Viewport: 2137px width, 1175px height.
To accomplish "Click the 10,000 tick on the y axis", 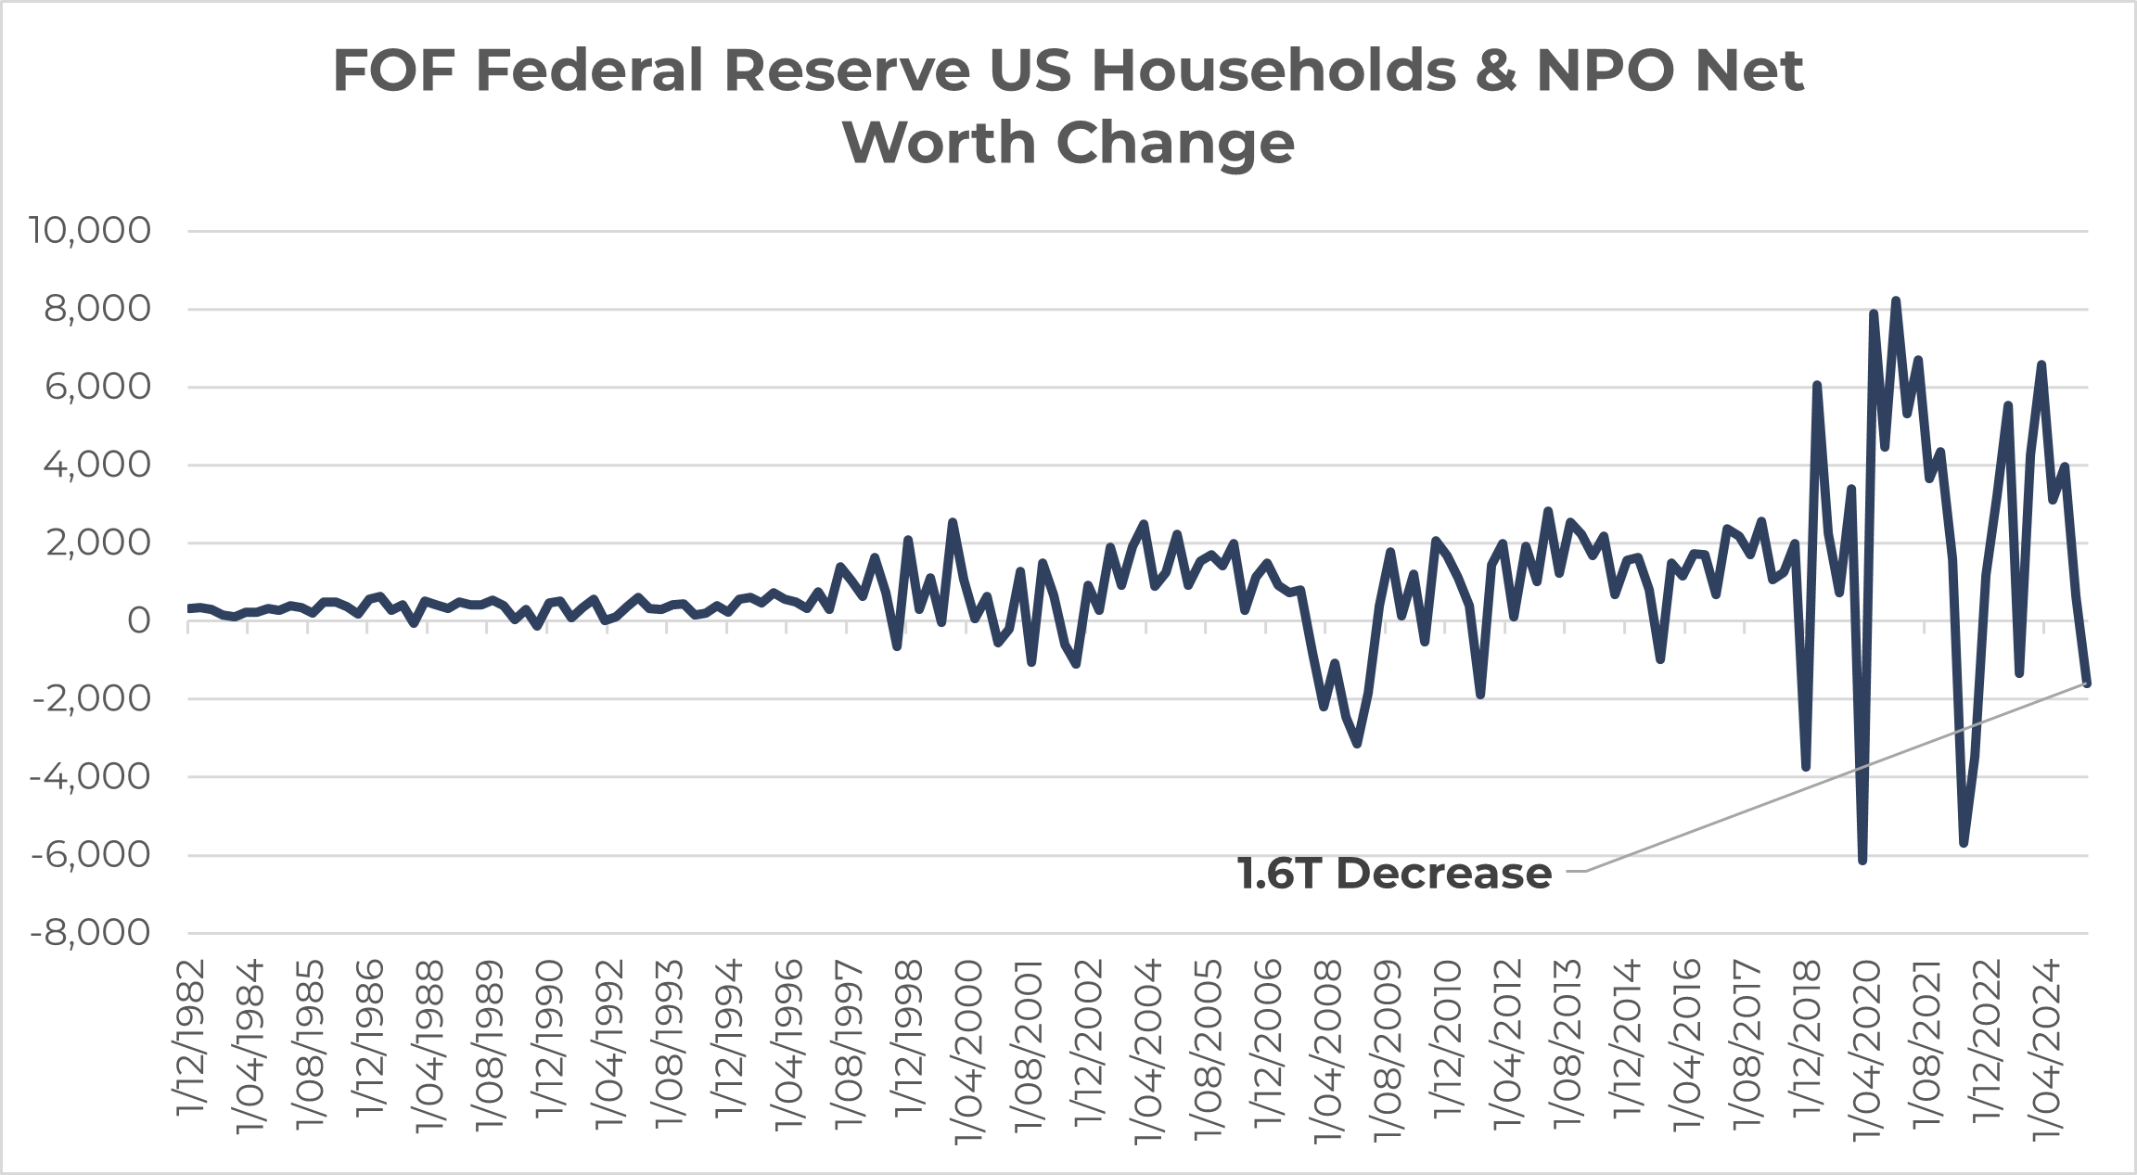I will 90,230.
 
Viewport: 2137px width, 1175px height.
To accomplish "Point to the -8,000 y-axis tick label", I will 90,933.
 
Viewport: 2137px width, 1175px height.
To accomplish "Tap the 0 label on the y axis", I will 139,620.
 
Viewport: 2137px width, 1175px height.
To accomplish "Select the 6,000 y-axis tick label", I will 98,387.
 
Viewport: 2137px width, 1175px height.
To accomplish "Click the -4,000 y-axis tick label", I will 90,776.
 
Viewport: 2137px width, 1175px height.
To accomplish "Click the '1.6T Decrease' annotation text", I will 1394,874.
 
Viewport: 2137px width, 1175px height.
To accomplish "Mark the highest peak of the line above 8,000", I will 1896,300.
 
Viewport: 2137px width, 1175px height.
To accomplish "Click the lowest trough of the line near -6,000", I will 1862,861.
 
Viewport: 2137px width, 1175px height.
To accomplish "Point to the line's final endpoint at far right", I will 2087,683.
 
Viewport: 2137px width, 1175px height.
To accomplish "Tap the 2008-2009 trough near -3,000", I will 1357,744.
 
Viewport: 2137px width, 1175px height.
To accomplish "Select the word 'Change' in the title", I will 1175,143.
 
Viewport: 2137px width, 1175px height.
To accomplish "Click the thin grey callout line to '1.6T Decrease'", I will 1836,776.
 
